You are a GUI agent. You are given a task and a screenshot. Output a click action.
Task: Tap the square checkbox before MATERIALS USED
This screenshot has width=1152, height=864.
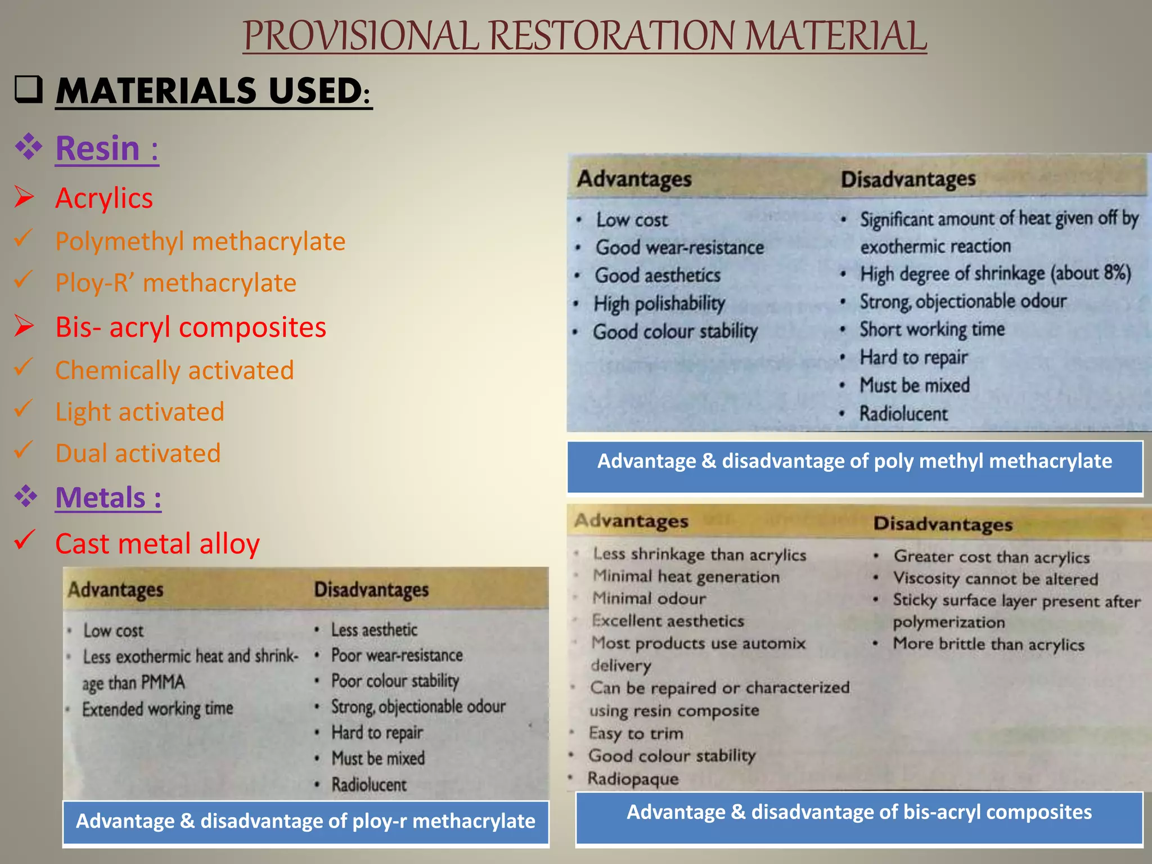point(28,89)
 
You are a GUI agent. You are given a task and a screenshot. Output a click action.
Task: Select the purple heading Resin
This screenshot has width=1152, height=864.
point(106,148)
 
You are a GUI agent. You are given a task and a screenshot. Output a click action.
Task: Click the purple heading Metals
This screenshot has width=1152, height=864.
point(108,498)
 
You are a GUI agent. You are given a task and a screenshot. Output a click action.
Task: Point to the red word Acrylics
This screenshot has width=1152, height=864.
point(104,199)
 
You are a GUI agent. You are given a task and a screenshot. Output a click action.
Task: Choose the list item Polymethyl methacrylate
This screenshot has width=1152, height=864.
point(200,241)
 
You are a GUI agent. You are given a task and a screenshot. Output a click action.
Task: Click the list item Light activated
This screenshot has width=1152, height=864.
point(139,412)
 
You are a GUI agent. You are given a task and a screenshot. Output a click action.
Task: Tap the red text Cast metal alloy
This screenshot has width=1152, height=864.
point(157,544)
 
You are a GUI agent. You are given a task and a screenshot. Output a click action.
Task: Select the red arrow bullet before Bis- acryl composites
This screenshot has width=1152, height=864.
point(25,326)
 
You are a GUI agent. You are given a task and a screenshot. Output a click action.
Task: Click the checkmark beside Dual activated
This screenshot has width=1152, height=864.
point(24,449)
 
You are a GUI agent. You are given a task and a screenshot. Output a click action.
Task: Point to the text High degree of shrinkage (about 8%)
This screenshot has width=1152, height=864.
point(995,273)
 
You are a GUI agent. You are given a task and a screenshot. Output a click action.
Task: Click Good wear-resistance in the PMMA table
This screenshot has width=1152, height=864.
point(679,247)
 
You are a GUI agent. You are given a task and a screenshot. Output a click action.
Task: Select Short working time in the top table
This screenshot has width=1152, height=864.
point(931,329)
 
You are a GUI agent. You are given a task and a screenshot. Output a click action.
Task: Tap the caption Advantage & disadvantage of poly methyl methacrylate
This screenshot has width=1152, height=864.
point(854,461)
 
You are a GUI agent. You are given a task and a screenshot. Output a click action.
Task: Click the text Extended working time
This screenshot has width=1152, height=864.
point(157,709)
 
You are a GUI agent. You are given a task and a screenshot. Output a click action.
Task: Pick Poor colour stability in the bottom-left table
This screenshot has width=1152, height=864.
point(395,681)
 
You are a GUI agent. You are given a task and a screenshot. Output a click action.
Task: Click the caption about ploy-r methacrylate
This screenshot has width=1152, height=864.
point(305,821)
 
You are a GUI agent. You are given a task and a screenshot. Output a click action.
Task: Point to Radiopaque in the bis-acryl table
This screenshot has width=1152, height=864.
point(633,779)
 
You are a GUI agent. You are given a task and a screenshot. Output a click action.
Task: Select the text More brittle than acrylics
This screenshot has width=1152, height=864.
point(988,644)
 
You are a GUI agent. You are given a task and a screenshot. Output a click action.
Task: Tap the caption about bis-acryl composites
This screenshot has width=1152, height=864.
point(859,812)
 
